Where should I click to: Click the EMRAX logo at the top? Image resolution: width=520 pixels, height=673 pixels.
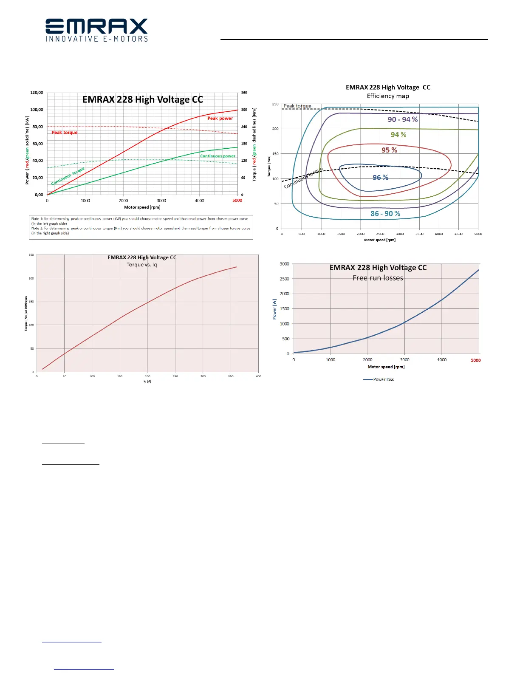96,30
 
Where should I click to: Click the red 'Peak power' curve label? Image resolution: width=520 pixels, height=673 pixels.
220,119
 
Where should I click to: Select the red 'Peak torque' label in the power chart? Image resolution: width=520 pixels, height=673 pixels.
65,133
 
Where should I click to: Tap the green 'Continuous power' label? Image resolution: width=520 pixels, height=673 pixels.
218,156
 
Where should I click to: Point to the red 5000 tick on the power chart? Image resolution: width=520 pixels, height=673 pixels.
237,201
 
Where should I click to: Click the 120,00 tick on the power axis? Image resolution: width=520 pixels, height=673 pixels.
37,93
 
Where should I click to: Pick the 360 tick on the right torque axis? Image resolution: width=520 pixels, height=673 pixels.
244,93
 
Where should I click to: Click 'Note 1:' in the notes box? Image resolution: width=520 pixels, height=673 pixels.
37,219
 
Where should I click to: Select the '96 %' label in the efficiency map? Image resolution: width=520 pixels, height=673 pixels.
380,178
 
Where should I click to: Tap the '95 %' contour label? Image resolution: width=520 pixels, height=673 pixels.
389,150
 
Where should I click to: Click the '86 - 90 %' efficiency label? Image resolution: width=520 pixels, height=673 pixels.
385,214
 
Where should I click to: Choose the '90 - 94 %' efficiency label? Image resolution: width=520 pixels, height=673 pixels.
403,120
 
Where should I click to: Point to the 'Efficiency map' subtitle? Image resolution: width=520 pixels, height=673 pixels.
388,96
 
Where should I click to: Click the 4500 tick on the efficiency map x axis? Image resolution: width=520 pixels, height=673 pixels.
458,234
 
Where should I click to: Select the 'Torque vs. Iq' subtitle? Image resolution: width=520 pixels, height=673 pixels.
141,265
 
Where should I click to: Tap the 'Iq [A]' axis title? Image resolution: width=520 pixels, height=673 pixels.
147,381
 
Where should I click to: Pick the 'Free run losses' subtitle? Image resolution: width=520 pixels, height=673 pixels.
378,278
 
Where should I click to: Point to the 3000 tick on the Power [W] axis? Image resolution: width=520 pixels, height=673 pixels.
284,264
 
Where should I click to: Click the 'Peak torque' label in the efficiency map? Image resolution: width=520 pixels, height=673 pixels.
297,106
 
